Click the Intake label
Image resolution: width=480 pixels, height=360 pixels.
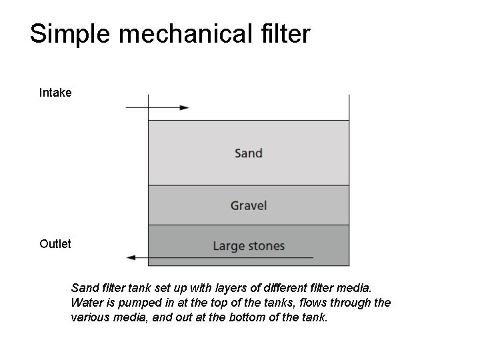(55, 93)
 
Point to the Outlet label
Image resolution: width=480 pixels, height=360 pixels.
(55, 244)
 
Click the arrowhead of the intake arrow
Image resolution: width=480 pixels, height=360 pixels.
(185, 107)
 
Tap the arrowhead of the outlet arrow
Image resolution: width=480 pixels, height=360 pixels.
(131, 257)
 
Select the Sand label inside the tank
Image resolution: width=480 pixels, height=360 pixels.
(249, 153)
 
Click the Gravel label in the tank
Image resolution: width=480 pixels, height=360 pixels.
(249, 205)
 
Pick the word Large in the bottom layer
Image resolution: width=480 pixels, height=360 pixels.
(227, 247)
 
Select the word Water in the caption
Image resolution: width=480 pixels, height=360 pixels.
(85, 303)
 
